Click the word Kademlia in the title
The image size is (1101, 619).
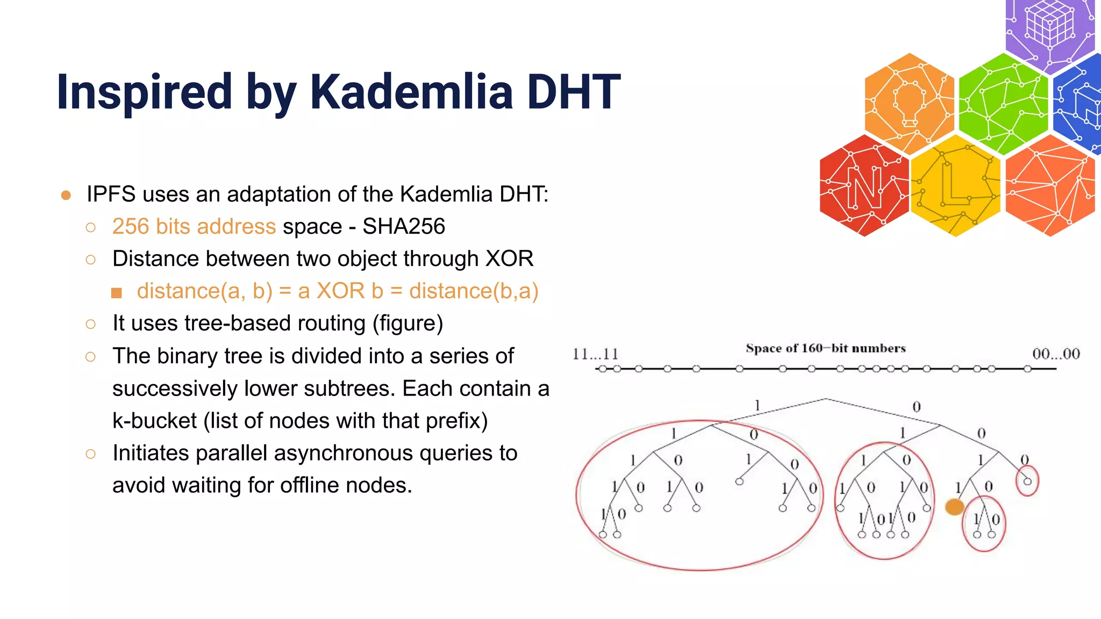coord(411,92)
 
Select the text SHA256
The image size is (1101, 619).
coord(403,226)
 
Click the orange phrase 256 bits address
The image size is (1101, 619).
coord(194,226)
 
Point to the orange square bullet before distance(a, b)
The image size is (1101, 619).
coord(117,293)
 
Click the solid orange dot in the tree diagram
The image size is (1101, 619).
coord(954,507)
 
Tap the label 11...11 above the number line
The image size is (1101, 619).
coord(595,354)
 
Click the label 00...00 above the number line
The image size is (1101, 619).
coord(1056,354)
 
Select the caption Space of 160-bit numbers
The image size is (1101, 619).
coord(825,348)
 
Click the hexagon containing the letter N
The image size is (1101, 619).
coord(864,185)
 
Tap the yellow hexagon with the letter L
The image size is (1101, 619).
coord(956,185)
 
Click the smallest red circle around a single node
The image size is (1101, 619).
coord(1027,481)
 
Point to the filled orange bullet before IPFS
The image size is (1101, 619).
coord(66,195)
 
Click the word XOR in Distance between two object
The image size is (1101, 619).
coord(509,258)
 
